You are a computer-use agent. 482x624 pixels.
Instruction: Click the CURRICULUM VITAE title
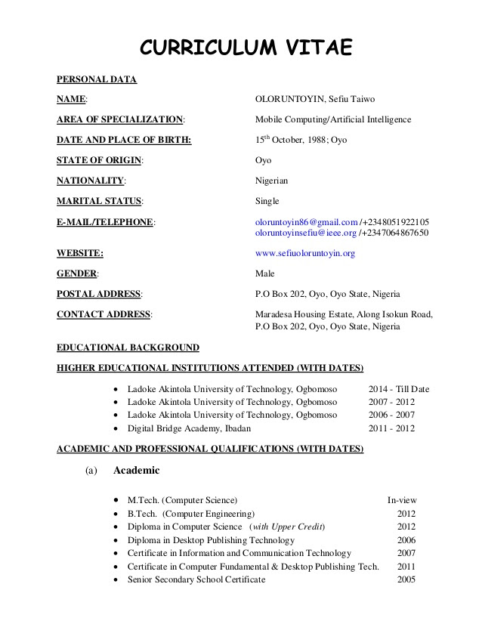coord(246,48)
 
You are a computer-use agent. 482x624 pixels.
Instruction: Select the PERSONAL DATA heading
coord(97,79)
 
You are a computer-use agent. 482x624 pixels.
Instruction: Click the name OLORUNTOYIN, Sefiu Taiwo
coord(315,99)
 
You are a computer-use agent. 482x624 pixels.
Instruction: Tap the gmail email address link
coord(306,222)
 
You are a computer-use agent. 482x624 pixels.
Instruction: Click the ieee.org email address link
coord(305,233)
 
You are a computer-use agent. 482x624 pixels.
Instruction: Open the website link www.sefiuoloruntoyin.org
coord(304,253)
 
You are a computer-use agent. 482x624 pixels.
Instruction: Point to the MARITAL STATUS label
coord(99,201)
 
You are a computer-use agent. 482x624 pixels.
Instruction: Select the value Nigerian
coord(271,181)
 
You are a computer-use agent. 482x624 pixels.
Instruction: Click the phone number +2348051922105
coord(396,222)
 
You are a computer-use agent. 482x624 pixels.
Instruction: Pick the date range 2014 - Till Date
coord(398,389)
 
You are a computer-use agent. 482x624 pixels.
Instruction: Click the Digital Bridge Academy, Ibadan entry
coord(189,428)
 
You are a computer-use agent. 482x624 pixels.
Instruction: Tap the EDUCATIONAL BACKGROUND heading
coord(128,348)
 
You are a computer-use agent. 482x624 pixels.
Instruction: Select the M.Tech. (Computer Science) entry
coord(182,500)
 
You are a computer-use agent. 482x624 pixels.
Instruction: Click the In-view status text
coord(402,500)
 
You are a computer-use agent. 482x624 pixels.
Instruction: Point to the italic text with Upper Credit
coord(287,527)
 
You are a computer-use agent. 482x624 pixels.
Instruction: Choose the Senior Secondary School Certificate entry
coord(196,579)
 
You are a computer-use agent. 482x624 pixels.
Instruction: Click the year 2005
coord(406,579)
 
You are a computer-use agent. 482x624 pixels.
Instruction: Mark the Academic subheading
coord(136,471)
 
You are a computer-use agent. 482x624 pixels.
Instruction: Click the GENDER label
coord(77,273)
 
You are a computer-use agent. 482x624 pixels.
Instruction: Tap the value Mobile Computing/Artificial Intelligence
coord(333,119)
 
